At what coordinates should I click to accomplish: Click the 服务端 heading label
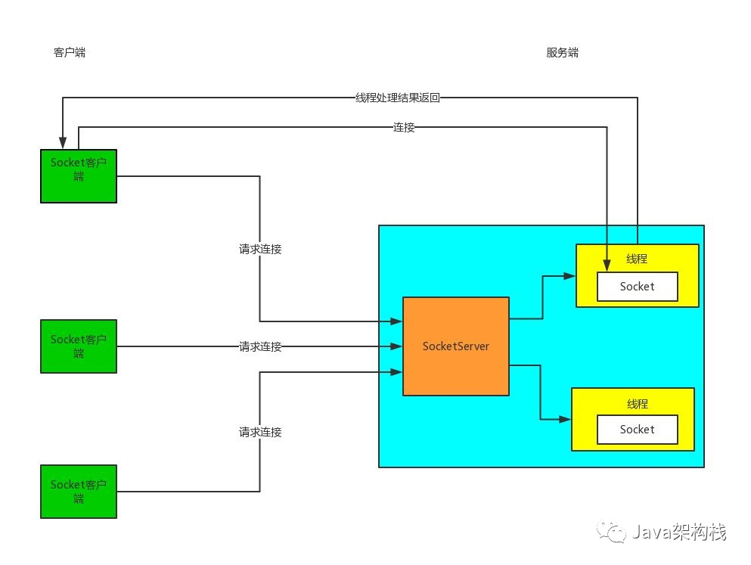pos(563,52)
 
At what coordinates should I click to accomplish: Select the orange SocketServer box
pos(455,346)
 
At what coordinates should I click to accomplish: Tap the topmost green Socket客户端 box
pos(79,176)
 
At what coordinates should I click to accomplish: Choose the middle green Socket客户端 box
pos(79,346)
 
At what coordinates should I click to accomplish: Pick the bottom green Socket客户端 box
pos(79,492)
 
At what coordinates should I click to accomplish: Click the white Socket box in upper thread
pos(637,287)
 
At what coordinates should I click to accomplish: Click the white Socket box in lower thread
pos(637,430)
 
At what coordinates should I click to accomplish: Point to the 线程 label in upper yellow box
pos(637,259)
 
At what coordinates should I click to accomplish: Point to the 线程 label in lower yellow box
pos(637,404)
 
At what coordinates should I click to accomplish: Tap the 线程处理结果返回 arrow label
pos(397,98)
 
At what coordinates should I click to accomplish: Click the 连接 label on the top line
pos(404,127)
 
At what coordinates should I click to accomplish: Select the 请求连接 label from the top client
pos(260,249)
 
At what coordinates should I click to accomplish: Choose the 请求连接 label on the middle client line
pos(260,347)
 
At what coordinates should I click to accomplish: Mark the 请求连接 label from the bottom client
pos(260,433)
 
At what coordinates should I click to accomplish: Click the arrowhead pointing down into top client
pos(63,143)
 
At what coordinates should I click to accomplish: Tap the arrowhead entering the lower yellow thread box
pos(565,419)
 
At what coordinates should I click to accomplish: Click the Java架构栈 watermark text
pos(680,532)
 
